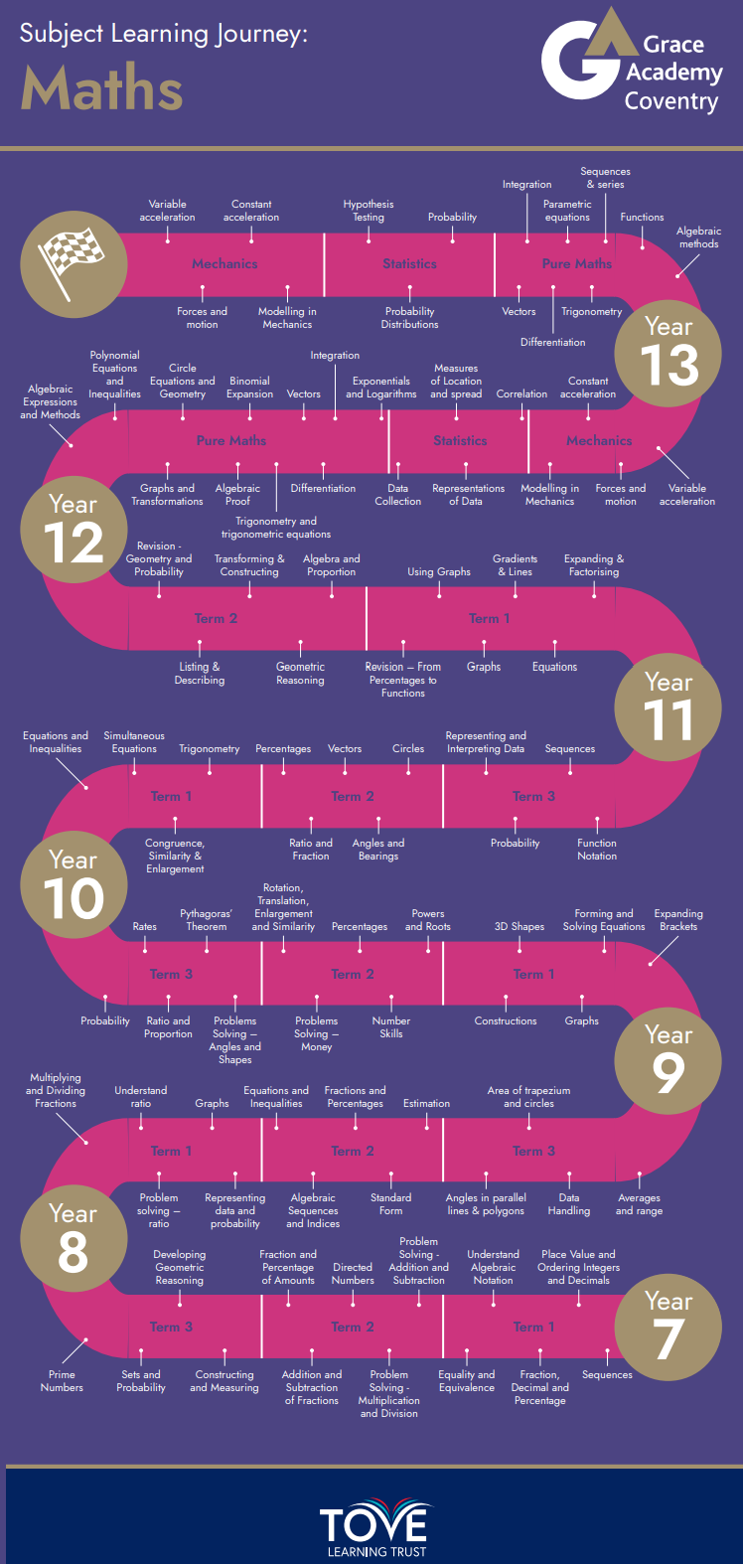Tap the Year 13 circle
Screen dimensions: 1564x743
[x=669, y=353]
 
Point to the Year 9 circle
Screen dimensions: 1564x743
[x=669, y=1061]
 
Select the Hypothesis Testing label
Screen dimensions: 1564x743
[x=369, y=211]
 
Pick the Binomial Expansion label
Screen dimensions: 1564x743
[x=249, y=388]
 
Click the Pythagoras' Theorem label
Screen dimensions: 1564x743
[x=207, y=920]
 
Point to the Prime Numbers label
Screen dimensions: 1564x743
[x=62, y=1381]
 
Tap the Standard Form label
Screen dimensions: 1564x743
[x=391, y=1204]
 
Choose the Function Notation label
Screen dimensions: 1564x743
[x=597, y=850]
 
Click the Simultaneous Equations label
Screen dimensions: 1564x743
[x=134, y=742]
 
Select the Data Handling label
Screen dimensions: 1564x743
[x=569, y=1204]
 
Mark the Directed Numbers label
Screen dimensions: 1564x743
[x=353, y=1274]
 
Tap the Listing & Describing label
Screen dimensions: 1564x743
[x=200, y=674]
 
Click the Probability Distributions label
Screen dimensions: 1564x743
[x=409, y=318]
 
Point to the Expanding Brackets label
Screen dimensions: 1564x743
[x=678, y=920]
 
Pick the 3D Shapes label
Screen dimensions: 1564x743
[x=520, y=927]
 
